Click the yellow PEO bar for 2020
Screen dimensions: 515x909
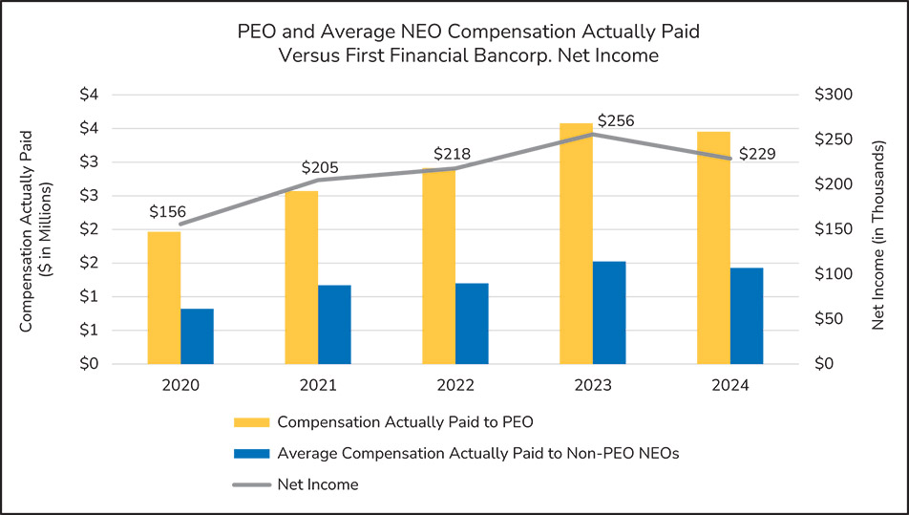coord(163,297)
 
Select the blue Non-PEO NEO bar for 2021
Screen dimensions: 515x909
coord(334,324)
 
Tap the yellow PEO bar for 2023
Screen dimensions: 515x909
coord(576,244)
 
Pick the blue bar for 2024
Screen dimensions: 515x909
coord(747,315)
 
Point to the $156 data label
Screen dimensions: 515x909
coord(167,212)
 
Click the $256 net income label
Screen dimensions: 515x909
coord(616,121)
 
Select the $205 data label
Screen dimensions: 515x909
coord(320,167)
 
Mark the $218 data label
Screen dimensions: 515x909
coord(453,154)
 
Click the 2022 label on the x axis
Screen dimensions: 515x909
coord(455,386)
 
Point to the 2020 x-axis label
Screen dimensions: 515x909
coord(180,386)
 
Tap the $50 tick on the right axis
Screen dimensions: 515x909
coord(831,319)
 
